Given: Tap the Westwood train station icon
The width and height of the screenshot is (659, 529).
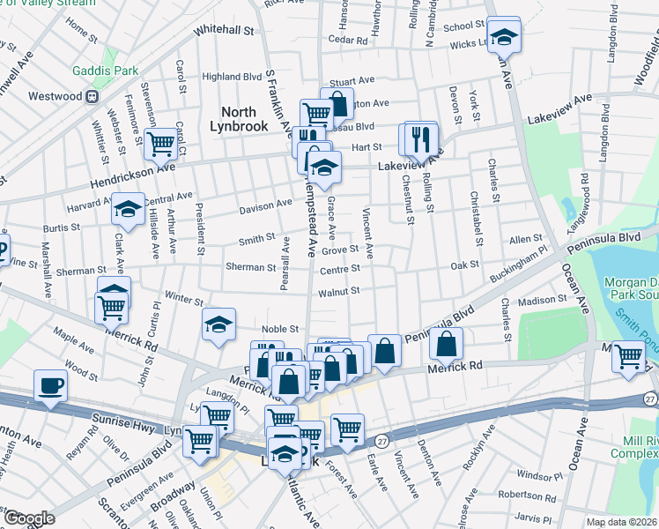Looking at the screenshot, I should [x=91, y=95].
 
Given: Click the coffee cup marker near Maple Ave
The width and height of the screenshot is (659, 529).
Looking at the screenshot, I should [x=50, y=384].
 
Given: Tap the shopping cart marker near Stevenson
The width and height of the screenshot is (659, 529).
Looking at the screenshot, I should [x=161, y=142].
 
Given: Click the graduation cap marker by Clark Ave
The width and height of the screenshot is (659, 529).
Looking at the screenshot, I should [x=128, y=209].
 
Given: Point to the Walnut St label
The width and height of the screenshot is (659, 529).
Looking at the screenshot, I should [x=339, y=291].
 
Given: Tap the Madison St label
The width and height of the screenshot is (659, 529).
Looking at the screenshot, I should [x=542, y=302].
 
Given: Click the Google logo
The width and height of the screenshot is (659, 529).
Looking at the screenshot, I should [x=29, y=518].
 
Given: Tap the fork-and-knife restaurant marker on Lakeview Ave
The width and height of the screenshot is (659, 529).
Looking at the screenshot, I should [x=421, y=138].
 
